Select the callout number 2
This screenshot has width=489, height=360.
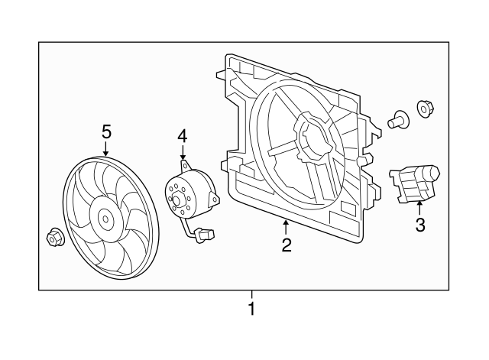[287, 245]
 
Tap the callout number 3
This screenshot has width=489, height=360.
[419, 225]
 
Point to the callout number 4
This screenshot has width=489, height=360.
[182, 136]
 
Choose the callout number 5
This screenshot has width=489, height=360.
[106, 131]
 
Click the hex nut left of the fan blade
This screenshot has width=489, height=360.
[54, 238]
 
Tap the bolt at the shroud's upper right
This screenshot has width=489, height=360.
[397, 118]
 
